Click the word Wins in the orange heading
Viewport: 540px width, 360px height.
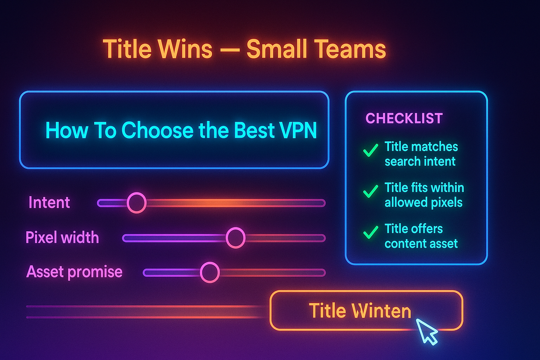pyautogui.click(x=185, y=49)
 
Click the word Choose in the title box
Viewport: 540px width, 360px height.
pyautogui.click(x=157, y=130)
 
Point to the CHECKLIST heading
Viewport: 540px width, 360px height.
pyautogui.click(x=404, y=118)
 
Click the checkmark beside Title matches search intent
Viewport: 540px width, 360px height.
pyautogui.click(x=371, y=150)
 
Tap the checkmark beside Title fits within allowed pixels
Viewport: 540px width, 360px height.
pyautogui.click(x=371, y=191)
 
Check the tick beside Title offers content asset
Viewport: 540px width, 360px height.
pyautogui.click(x=371, y=232)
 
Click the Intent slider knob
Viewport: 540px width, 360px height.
pyautogui.click(x=136, y=203)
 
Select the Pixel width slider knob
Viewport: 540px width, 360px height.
pyautogui.click(x=235, y=238)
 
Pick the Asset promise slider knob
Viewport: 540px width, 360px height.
pyautogui.click(x=210, y=272)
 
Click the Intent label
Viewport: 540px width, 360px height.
pyautogui.click(x=49, y=202)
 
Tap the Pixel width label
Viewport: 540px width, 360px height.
pyautogui.click(x=62, y=238)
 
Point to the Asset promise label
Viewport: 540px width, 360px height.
pyautogui.click(x=75, y=272)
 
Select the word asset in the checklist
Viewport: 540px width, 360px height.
pyautogui.click(x=444, y=244)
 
